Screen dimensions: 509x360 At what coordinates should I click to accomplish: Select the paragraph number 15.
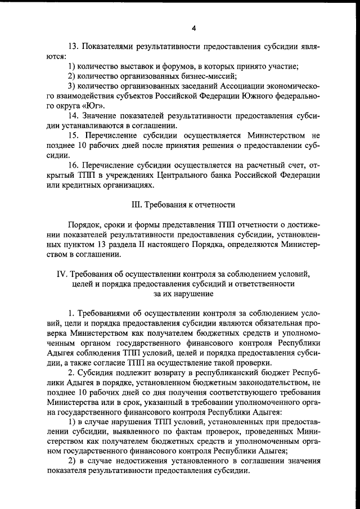pos(73,136)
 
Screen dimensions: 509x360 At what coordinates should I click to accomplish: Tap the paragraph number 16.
pos(73,165)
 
